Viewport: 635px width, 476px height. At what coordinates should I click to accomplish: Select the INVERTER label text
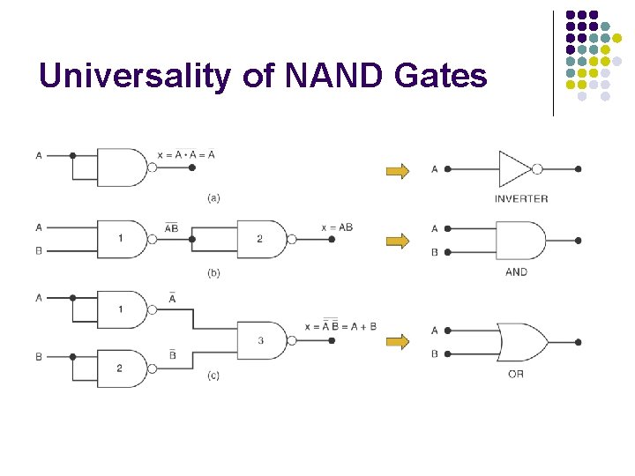521,198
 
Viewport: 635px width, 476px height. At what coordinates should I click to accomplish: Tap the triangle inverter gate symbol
517,167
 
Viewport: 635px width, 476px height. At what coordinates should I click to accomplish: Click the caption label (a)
213,197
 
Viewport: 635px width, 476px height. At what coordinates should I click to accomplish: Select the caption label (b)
213,272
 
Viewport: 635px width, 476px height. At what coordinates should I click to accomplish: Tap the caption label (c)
213,376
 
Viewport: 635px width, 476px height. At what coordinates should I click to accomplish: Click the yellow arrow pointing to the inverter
399,171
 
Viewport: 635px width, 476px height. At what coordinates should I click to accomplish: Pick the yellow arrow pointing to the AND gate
399,241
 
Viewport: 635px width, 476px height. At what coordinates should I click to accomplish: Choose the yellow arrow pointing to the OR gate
399,342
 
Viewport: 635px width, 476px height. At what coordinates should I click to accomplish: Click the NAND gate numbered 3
261,340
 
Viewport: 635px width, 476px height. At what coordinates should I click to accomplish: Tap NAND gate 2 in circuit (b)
261,238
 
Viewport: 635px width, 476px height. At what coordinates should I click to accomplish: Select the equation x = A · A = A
186,155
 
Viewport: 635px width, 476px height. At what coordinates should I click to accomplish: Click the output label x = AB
337,227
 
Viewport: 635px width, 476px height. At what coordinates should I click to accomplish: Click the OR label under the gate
516,374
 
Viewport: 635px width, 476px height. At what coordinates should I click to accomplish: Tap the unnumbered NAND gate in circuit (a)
122,167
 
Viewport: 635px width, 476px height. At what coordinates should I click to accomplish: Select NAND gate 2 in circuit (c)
122,368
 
